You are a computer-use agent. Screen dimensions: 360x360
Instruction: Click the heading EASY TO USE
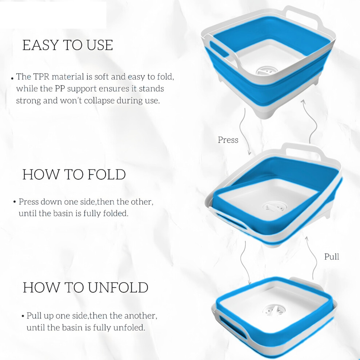(68, 45)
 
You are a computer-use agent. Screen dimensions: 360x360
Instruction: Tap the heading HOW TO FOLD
(74, 174)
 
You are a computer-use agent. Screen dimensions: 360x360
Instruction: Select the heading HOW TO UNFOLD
(85, 287)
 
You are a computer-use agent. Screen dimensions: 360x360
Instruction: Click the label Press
(228, 140)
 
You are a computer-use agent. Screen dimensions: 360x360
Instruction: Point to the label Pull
(332, 256)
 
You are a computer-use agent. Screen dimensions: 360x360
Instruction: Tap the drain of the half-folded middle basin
(275, 207)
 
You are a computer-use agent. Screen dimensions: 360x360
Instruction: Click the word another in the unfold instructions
(140, 316)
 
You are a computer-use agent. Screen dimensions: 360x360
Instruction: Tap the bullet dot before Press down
(15, 202)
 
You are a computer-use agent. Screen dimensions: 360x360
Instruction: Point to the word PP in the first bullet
(60, 89)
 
